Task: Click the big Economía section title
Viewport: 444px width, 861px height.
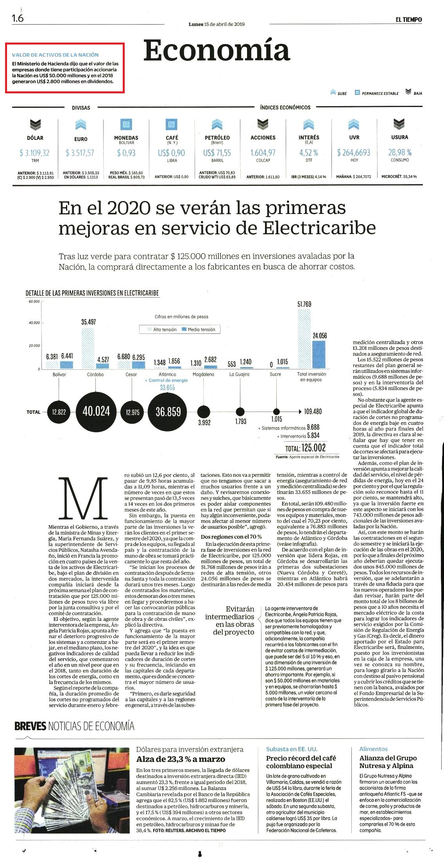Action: [x=217, y=51]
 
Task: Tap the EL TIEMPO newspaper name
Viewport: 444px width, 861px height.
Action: [x=408, y=20]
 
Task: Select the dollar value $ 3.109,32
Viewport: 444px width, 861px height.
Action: [x=35, y=153]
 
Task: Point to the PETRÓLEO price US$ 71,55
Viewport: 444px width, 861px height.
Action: [x=217, y=153]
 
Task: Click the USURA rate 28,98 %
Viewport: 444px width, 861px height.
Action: [x=399, y=152]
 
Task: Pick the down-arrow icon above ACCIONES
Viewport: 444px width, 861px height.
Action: [x=263, y=125]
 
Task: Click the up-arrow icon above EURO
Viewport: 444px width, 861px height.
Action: [x=81, y=125]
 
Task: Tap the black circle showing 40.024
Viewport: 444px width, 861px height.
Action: [x=96, y=411]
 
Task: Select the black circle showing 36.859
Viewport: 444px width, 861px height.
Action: [x=168, y=412]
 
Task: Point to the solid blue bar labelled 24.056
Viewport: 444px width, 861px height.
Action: [x=319, y=355]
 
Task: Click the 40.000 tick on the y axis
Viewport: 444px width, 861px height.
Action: [x=34, y=323]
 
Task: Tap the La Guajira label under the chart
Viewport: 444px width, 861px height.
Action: [x=239, y=374]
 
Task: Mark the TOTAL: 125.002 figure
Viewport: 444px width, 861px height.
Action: [x=305, y=448]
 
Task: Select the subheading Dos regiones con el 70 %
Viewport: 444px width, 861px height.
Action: [x=231, y=537]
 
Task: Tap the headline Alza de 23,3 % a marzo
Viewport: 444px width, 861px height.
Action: [x=181, y=759]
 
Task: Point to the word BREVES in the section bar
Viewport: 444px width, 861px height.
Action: [x=30, y=726]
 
